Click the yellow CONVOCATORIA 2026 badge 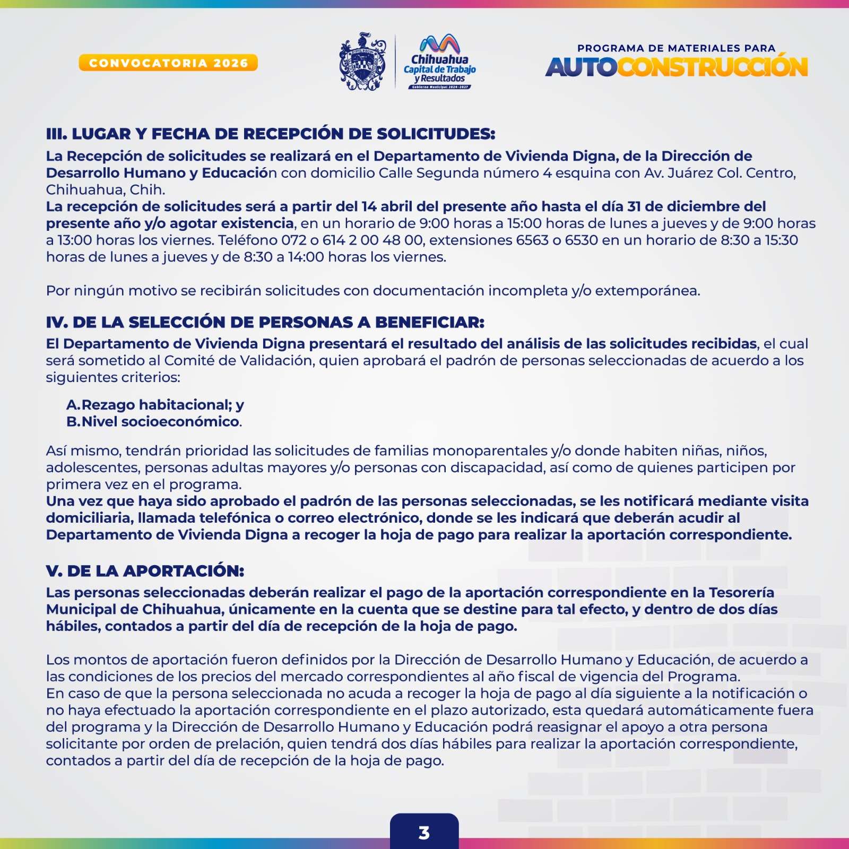click(x=168, y=63)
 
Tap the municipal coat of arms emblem click(x=363, y=62)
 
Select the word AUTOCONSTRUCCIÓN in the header click(x=677, y=67)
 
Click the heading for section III click(x=271, y=134)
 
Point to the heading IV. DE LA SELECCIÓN click(x=265, y=322)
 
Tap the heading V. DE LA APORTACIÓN click(x=145, y=571)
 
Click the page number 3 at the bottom click(x=424, y=833)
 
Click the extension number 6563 click(x=532, y=240)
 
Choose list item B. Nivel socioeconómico click(x=154, y=422)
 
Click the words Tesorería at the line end click(x=741, y=593)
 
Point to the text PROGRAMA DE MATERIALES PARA click(x=677, y=48)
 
